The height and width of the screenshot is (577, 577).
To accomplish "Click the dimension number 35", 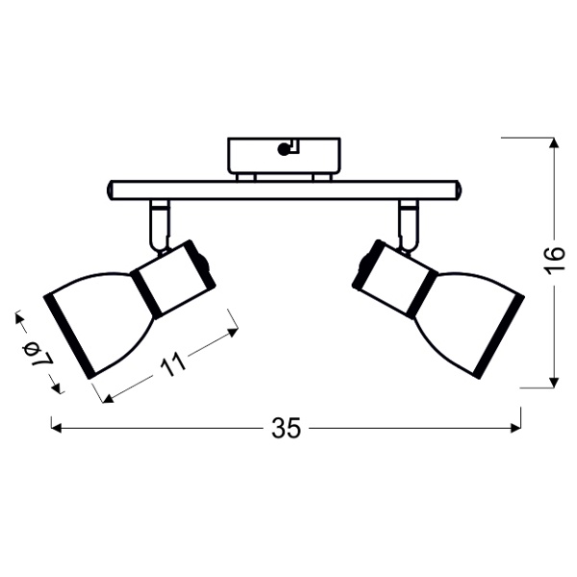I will click(x=287, y=429).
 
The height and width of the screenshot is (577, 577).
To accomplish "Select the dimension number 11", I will click(x=174, y=364).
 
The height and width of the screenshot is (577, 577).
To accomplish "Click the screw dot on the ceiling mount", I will click(x=283, y=148).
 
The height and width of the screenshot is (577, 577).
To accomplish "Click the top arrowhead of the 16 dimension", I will click(x=554, y=143).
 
